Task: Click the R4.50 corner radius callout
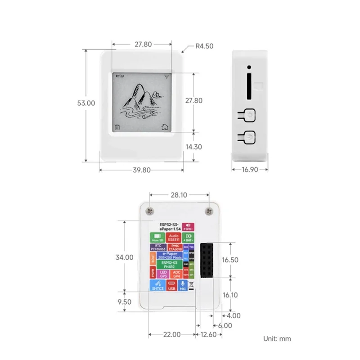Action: point(204,46)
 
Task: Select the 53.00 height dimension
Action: point(86,103)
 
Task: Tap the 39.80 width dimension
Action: point(141,170)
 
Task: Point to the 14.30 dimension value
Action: point(193,147)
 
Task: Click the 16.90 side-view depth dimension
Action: point(250,170)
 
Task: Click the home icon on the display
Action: point(165,127)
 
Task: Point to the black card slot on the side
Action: point(249,83)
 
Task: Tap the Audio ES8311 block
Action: point(175,238)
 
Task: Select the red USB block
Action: point(171,286)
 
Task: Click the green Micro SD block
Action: point(157,238)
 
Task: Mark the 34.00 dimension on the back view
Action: point(124,257)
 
